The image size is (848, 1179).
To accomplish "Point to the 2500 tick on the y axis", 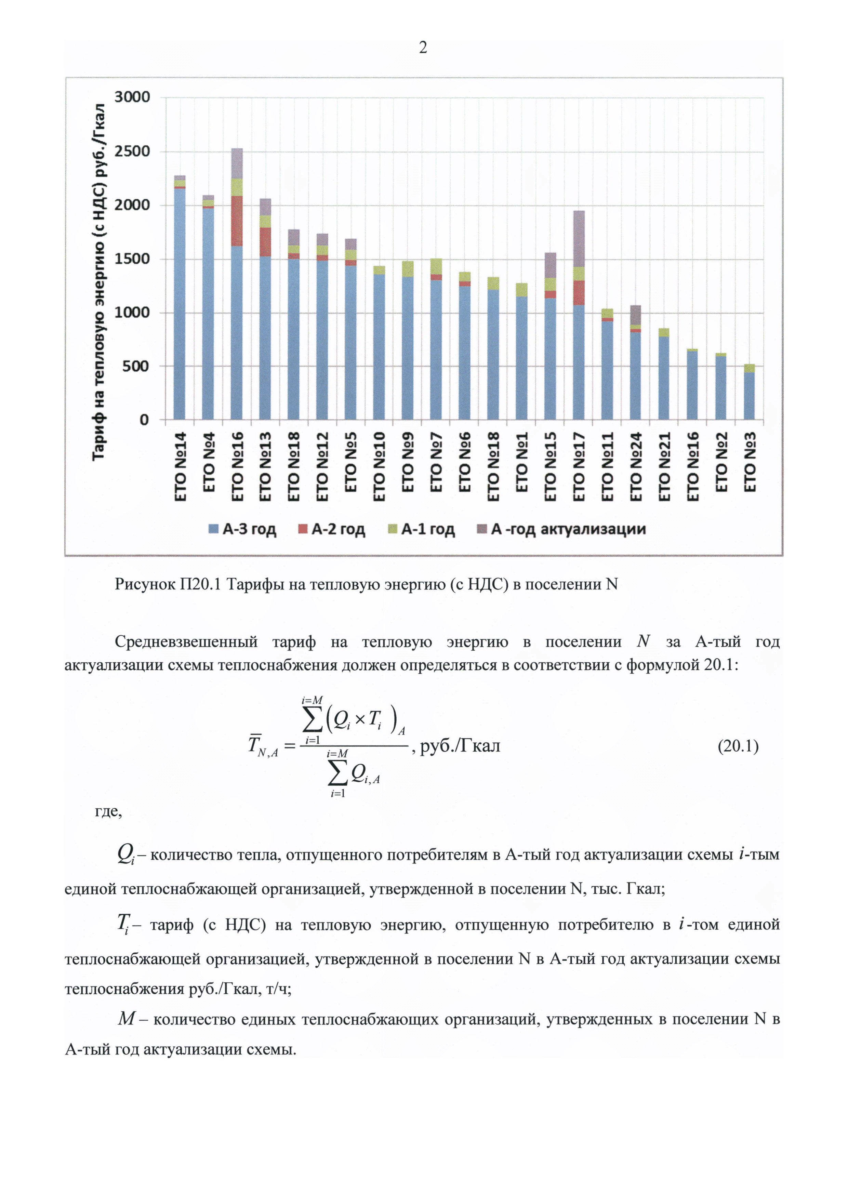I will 132,151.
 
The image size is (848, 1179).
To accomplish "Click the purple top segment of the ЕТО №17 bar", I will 579,239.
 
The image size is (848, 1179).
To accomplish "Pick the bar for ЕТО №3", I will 749,394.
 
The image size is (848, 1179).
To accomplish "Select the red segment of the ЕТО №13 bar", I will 265,242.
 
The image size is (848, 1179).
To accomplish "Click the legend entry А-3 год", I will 242,529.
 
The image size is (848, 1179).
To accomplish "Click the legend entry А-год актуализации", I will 561,529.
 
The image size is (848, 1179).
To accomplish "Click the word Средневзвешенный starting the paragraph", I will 186,641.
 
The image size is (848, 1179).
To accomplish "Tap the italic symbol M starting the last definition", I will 126,1018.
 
